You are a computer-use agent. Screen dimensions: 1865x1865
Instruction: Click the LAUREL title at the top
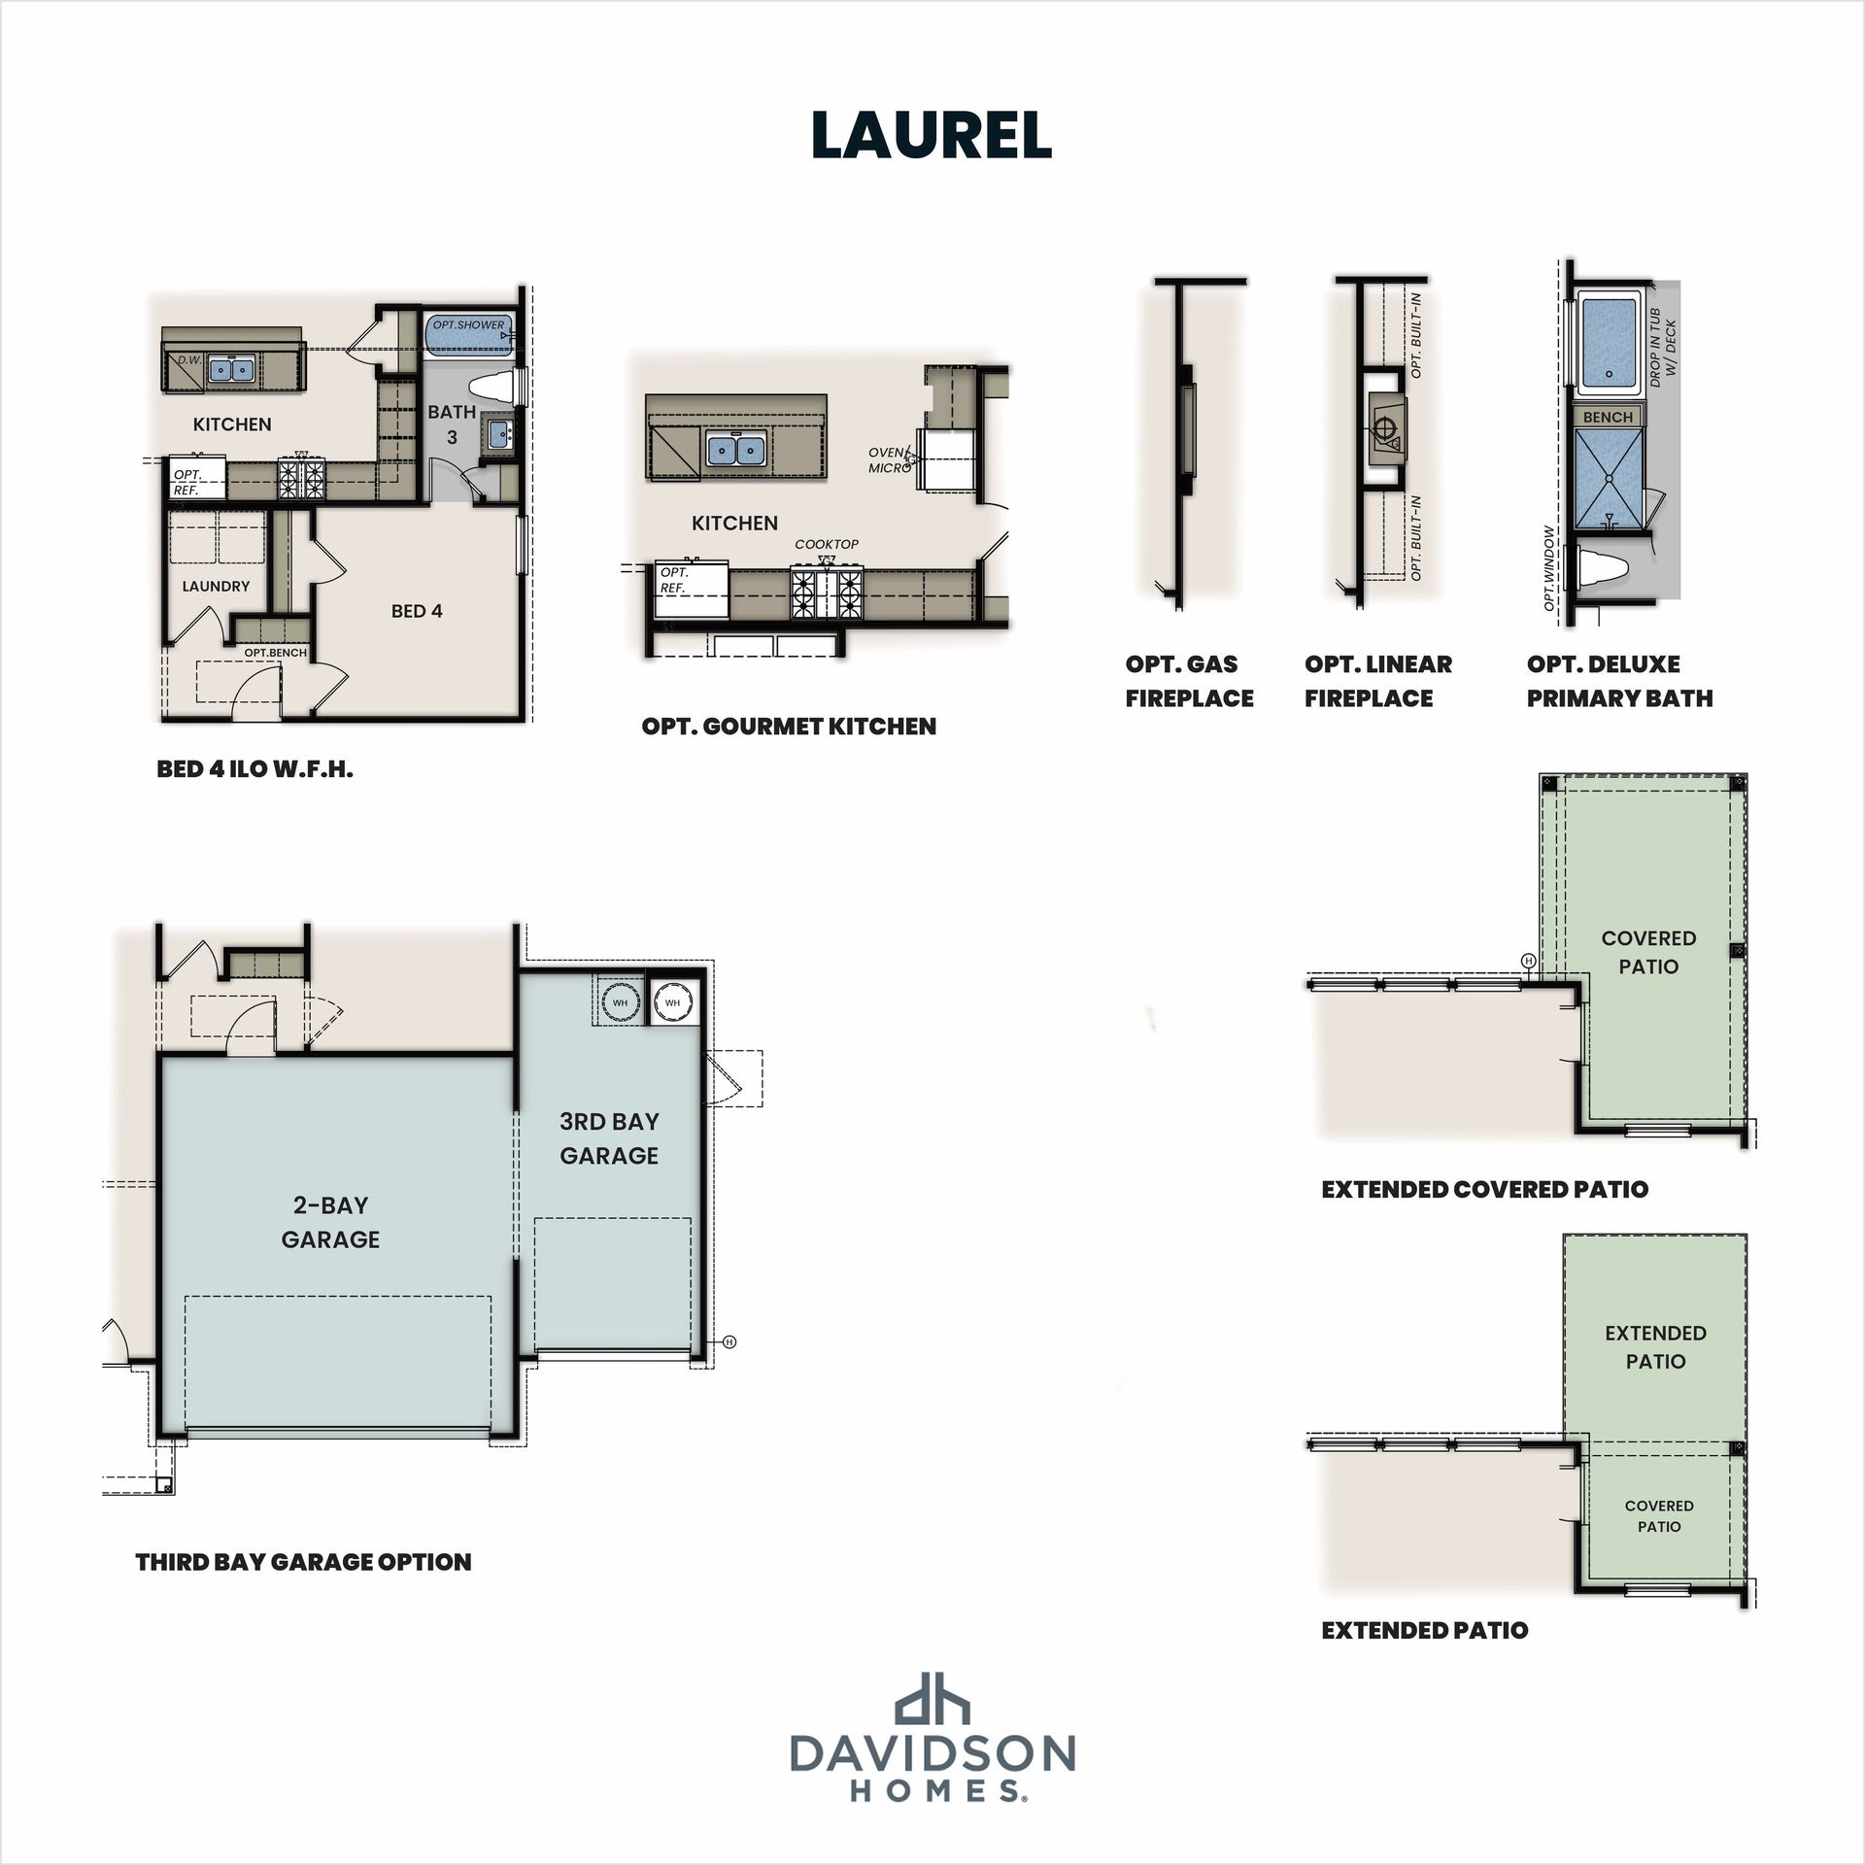[x=932, y=135]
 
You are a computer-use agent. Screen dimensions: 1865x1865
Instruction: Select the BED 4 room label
[x=417, y=611]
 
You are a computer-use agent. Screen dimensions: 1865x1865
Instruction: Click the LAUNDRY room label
[x=216, y=587]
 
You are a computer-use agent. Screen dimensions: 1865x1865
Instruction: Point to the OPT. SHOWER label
[x=468, y=325]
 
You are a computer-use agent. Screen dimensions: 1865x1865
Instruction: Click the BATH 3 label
[x=452, y=424]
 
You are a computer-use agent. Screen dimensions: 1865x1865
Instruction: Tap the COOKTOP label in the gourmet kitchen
[x=827, y=544]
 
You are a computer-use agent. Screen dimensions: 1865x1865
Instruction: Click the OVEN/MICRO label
[x=889, y=460]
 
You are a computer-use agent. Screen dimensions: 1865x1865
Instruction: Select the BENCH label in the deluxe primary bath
[x=1608, y=417]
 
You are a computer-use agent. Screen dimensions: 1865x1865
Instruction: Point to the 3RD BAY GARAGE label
[x=609, y=1138]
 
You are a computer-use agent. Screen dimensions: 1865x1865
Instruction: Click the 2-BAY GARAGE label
[x=330, y=1222]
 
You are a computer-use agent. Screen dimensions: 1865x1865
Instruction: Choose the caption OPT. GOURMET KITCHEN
[x=789, y=727]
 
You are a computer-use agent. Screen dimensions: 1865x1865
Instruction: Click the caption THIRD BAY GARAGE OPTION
[x=303, y=1562]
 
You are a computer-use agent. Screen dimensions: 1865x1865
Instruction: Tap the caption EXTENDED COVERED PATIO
[x=1484, y=1189]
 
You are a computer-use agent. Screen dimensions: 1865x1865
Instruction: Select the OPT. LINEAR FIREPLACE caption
[x=1378, y=681]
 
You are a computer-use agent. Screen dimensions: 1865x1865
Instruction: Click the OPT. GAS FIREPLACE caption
[x=1189, y=681]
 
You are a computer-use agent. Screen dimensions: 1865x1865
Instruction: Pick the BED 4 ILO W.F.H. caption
[x=254, y=769]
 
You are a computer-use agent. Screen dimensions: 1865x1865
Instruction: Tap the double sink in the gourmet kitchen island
[x=735, y=450]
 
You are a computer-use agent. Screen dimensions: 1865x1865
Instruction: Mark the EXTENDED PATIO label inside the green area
[x=1655, y=1347]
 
